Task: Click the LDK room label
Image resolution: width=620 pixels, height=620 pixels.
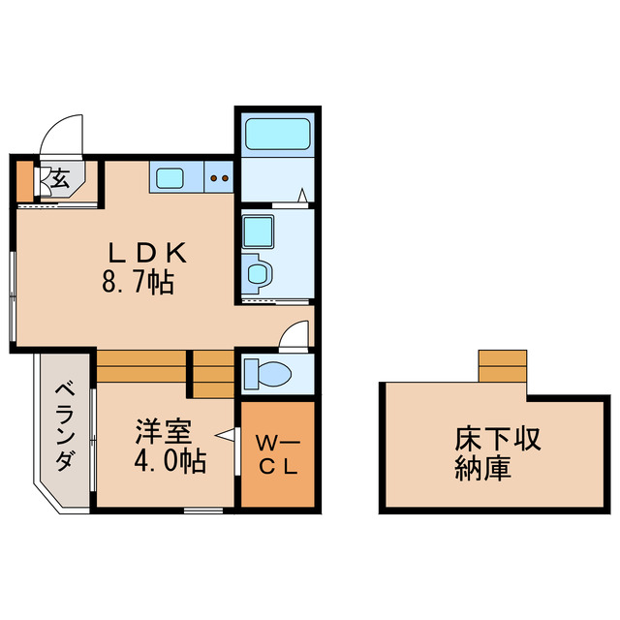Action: (145, 254)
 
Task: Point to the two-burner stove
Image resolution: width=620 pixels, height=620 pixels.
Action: (219, 177)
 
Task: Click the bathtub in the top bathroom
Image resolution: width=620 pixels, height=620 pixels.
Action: (276, 133)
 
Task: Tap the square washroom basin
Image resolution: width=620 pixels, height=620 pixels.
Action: (258, 232)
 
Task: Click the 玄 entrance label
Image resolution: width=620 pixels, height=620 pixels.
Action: (59, 179)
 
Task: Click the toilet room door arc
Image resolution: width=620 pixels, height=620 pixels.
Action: (291, 335)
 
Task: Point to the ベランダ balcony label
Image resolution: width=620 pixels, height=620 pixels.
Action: (64, 426)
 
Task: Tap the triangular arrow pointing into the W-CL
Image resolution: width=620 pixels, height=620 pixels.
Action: (227, 437)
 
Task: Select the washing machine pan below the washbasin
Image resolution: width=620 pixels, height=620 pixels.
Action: (258, 273)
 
